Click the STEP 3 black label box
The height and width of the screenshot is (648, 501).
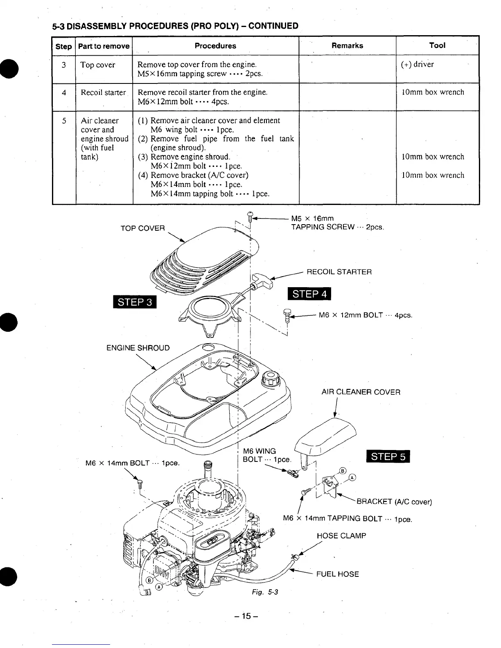[x=135, y=302]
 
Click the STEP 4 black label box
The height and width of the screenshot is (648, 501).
[x=309, y=294]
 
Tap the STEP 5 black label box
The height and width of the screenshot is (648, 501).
[x=388, y=457]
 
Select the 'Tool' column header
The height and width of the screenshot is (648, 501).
[x=437, y=45]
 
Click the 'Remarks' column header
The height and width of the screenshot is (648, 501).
[x=347, y=45]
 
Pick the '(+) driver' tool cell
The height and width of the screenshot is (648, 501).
[x=417, y=64]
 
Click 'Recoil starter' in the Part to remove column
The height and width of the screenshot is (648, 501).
[x=103, y=92]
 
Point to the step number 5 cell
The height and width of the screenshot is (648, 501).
[x=64, y=121]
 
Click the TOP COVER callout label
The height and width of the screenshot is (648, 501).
[x=142, y=228]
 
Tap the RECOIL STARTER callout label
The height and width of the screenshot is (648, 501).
[x=339, y=272]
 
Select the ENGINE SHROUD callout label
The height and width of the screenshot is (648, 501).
[x=138, y=348]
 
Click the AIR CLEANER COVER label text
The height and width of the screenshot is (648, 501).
[x=361, y=392]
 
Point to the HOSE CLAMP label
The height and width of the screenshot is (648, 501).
[x=341, y=536]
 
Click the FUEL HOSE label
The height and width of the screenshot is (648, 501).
[x=337, y=574]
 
